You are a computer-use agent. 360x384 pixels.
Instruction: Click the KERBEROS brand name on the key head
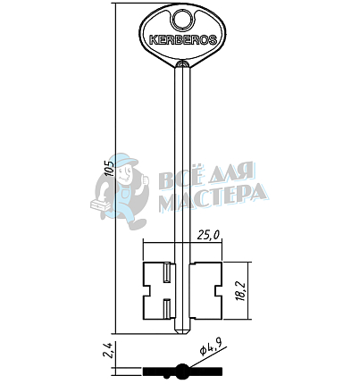(x=182, y=40)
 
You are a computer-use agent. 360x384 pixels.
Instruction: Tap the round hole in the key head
(x=182, y=20)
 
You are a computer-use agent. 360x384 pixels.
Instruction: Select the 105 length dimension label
(x=110, y=169)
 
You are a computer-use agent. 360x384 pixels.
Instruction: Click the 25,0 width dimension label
(x=208, y=236)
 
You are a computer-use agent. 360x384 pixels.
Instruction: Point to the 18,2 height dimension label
(x=242, y=290)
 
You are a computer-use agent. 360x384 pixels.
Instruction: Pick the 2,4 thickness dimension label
(x=109, y=350)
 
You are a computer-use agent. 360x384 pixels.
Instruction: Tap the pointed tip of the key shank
(x=182, y=333)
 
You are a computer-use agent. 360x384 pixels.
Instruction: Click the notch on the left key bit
(x=147, y=291)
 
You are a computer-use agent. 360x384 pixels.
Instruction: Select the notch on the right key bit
(x=218, y=291)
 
